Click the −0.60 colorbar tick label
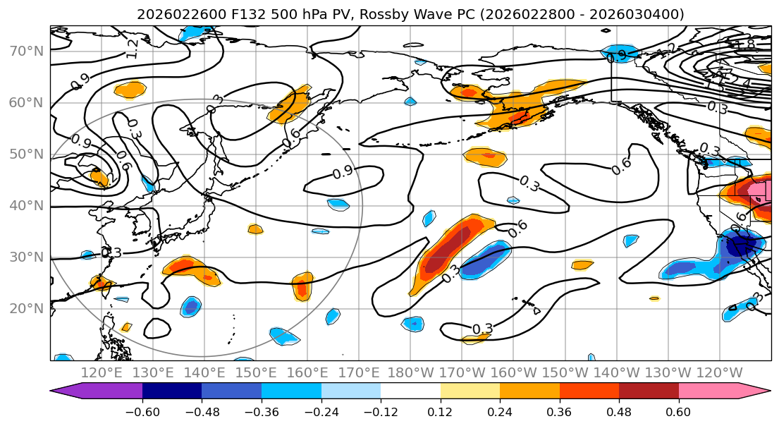[142, 410]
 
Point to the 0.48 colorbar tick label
[619, 410]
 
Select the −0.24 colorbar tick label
[321, 410]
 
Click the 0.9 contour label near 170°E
[343, 172]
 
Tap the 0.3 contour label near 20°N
[482, 329]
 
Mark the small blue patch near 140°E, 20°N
[190, 307]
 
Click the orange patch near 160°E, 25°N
[302, 286]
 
